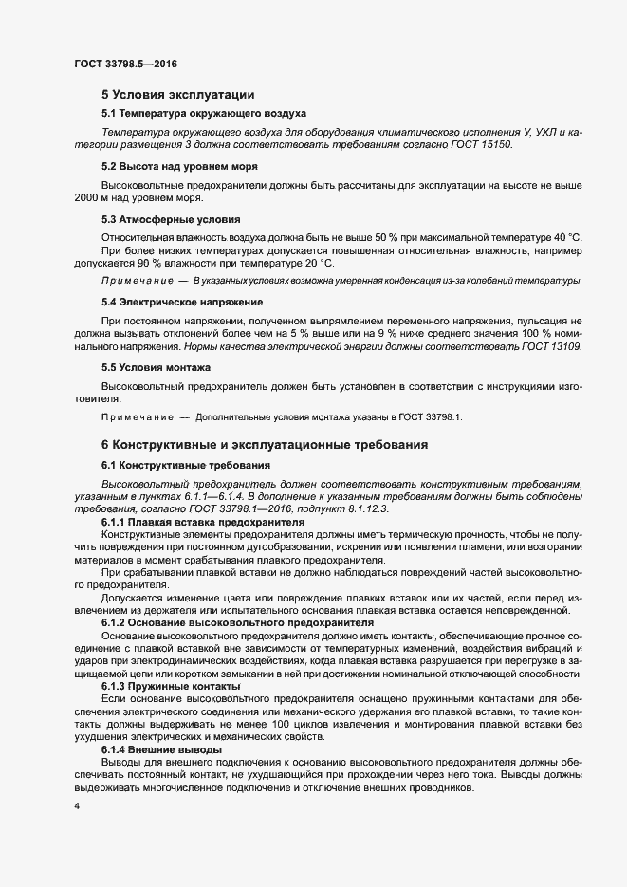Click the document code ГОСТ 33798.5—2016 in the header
coord(125,65)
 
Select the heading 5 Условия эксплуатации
coord(176,95)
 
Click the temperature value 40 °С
coord(563,236)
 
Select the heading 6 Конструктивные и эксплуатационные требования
coord(266,445)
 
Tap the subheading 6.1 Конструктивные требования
coord(186,465)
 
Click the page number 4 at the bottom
coord(76,806)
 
